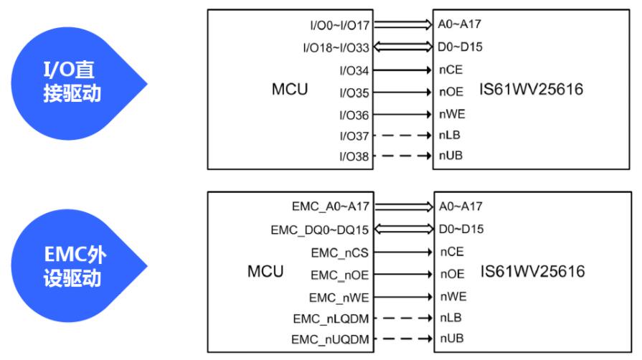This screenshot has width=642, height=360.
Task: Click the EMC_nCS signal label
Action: tap(340, 253)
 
